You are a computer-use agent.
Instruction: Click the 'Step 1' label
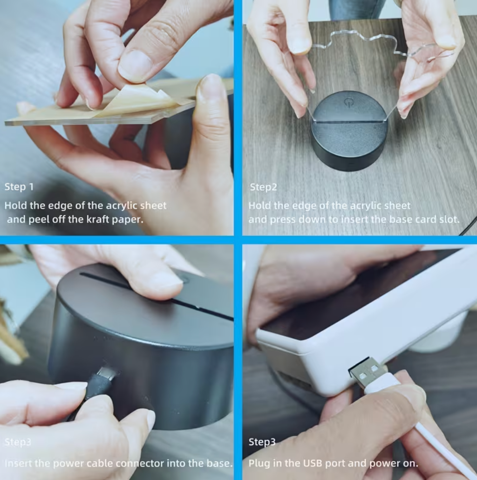tap(19, 187)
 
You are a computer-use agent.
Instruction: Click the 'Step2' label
tap(264, 187)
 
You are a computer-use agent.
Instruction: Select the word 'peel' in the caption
tap(40, 219)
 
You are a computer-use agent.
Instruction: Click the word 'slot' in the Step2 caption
tap(449, 219)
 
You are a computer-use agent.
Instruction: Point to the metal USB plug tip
tap(366, 371)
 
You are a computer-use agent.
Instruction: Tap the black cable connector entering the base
tap(102, 377)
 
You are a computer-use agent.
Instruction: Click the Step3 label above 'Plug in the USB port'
tap(262, 442)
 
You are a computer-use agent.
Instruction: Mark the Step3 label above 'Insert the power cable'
tap(18, 442)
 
